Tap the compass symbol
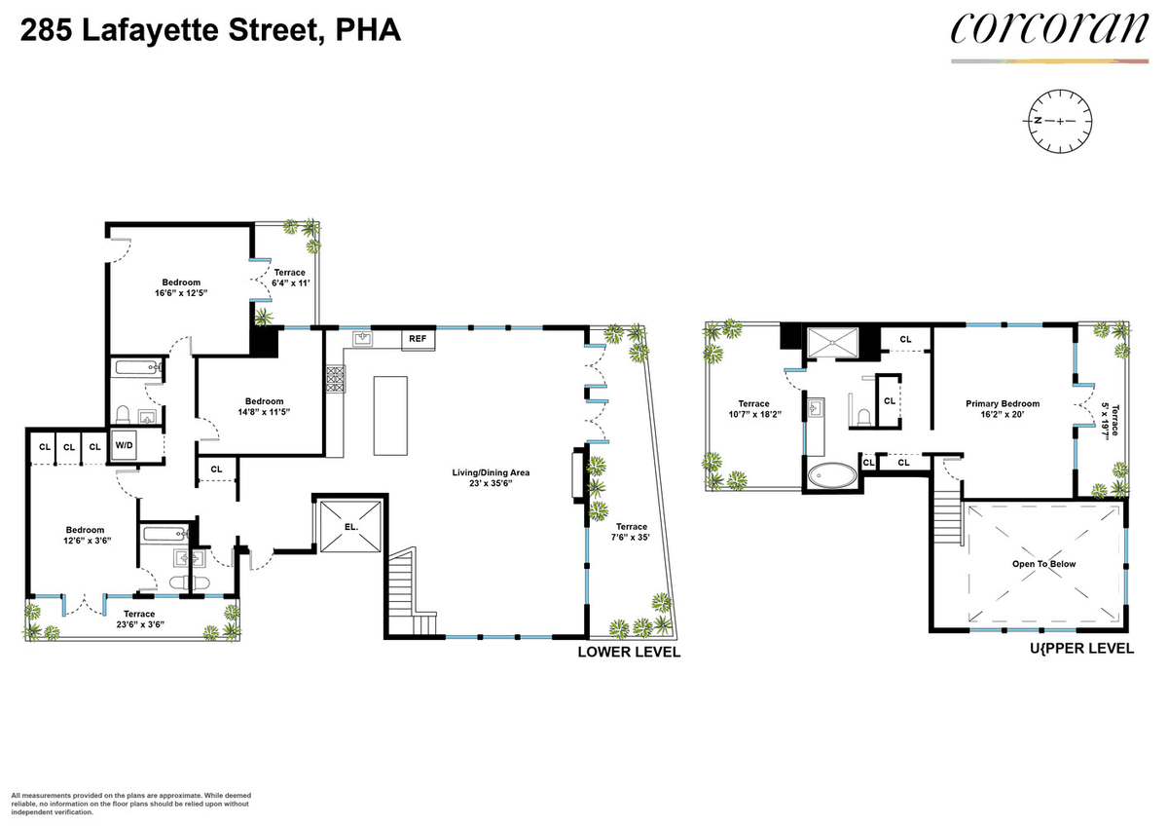point(1060,121)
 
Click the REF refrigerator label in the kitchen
point(418,339)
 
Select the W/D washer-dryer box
point(125,445)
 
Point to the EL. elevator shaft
point(350,526)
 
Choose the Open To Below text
point(1043,564)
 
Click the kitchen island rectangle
point(390,416)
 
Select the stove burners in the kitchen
point(335,379)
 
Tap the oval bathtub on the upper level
point(832,475)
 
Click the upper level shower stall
point(832,342)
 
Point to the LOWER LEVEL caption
point(629,653)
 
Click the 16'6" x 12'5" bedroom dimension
point(181,293)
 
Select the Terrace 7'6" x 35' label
point(632,532)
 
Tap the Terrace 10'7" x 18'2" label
point(754,409)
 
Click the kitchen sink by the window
point(362,339)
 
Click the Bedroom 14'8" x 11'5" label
point(265,406)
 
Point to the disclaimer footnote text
point(130,804)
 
